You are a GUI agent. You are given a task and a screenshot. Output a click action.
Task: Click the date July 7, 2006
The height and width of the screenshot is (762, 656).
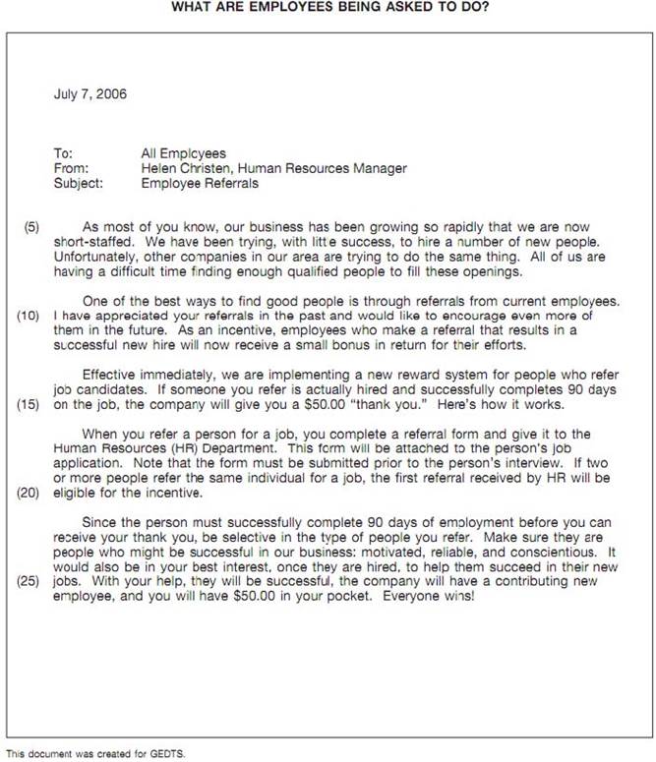(x=89, y=95)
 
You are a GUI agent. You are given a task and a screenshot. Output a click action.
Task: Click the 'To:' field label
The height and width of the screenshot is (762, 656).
(x=63, y=153)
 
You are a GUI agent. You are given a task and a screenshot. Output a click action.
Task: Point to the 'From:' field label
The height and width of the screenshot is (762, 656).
(x=69, y=168)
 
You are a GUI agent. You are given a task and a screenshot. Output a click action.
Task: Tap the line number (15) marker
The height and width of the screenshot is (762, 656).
(x=28, y=404)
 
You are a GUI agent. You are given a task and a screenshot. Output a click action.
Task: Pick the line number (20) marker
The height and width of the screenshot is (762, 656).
(x=28, y=494)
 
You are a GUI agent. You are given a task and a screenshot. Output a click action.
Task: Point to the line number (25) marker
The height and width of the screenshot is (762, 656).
(x=28, y=582)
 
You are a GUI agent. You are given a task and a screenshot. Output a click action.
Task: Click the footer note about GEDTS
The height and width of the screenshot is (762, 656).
(x=94, y=754)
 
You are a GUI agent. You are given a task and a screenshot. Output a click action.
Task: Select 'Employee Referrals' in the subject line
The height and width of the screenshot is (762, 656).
(x=200, y=183)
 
